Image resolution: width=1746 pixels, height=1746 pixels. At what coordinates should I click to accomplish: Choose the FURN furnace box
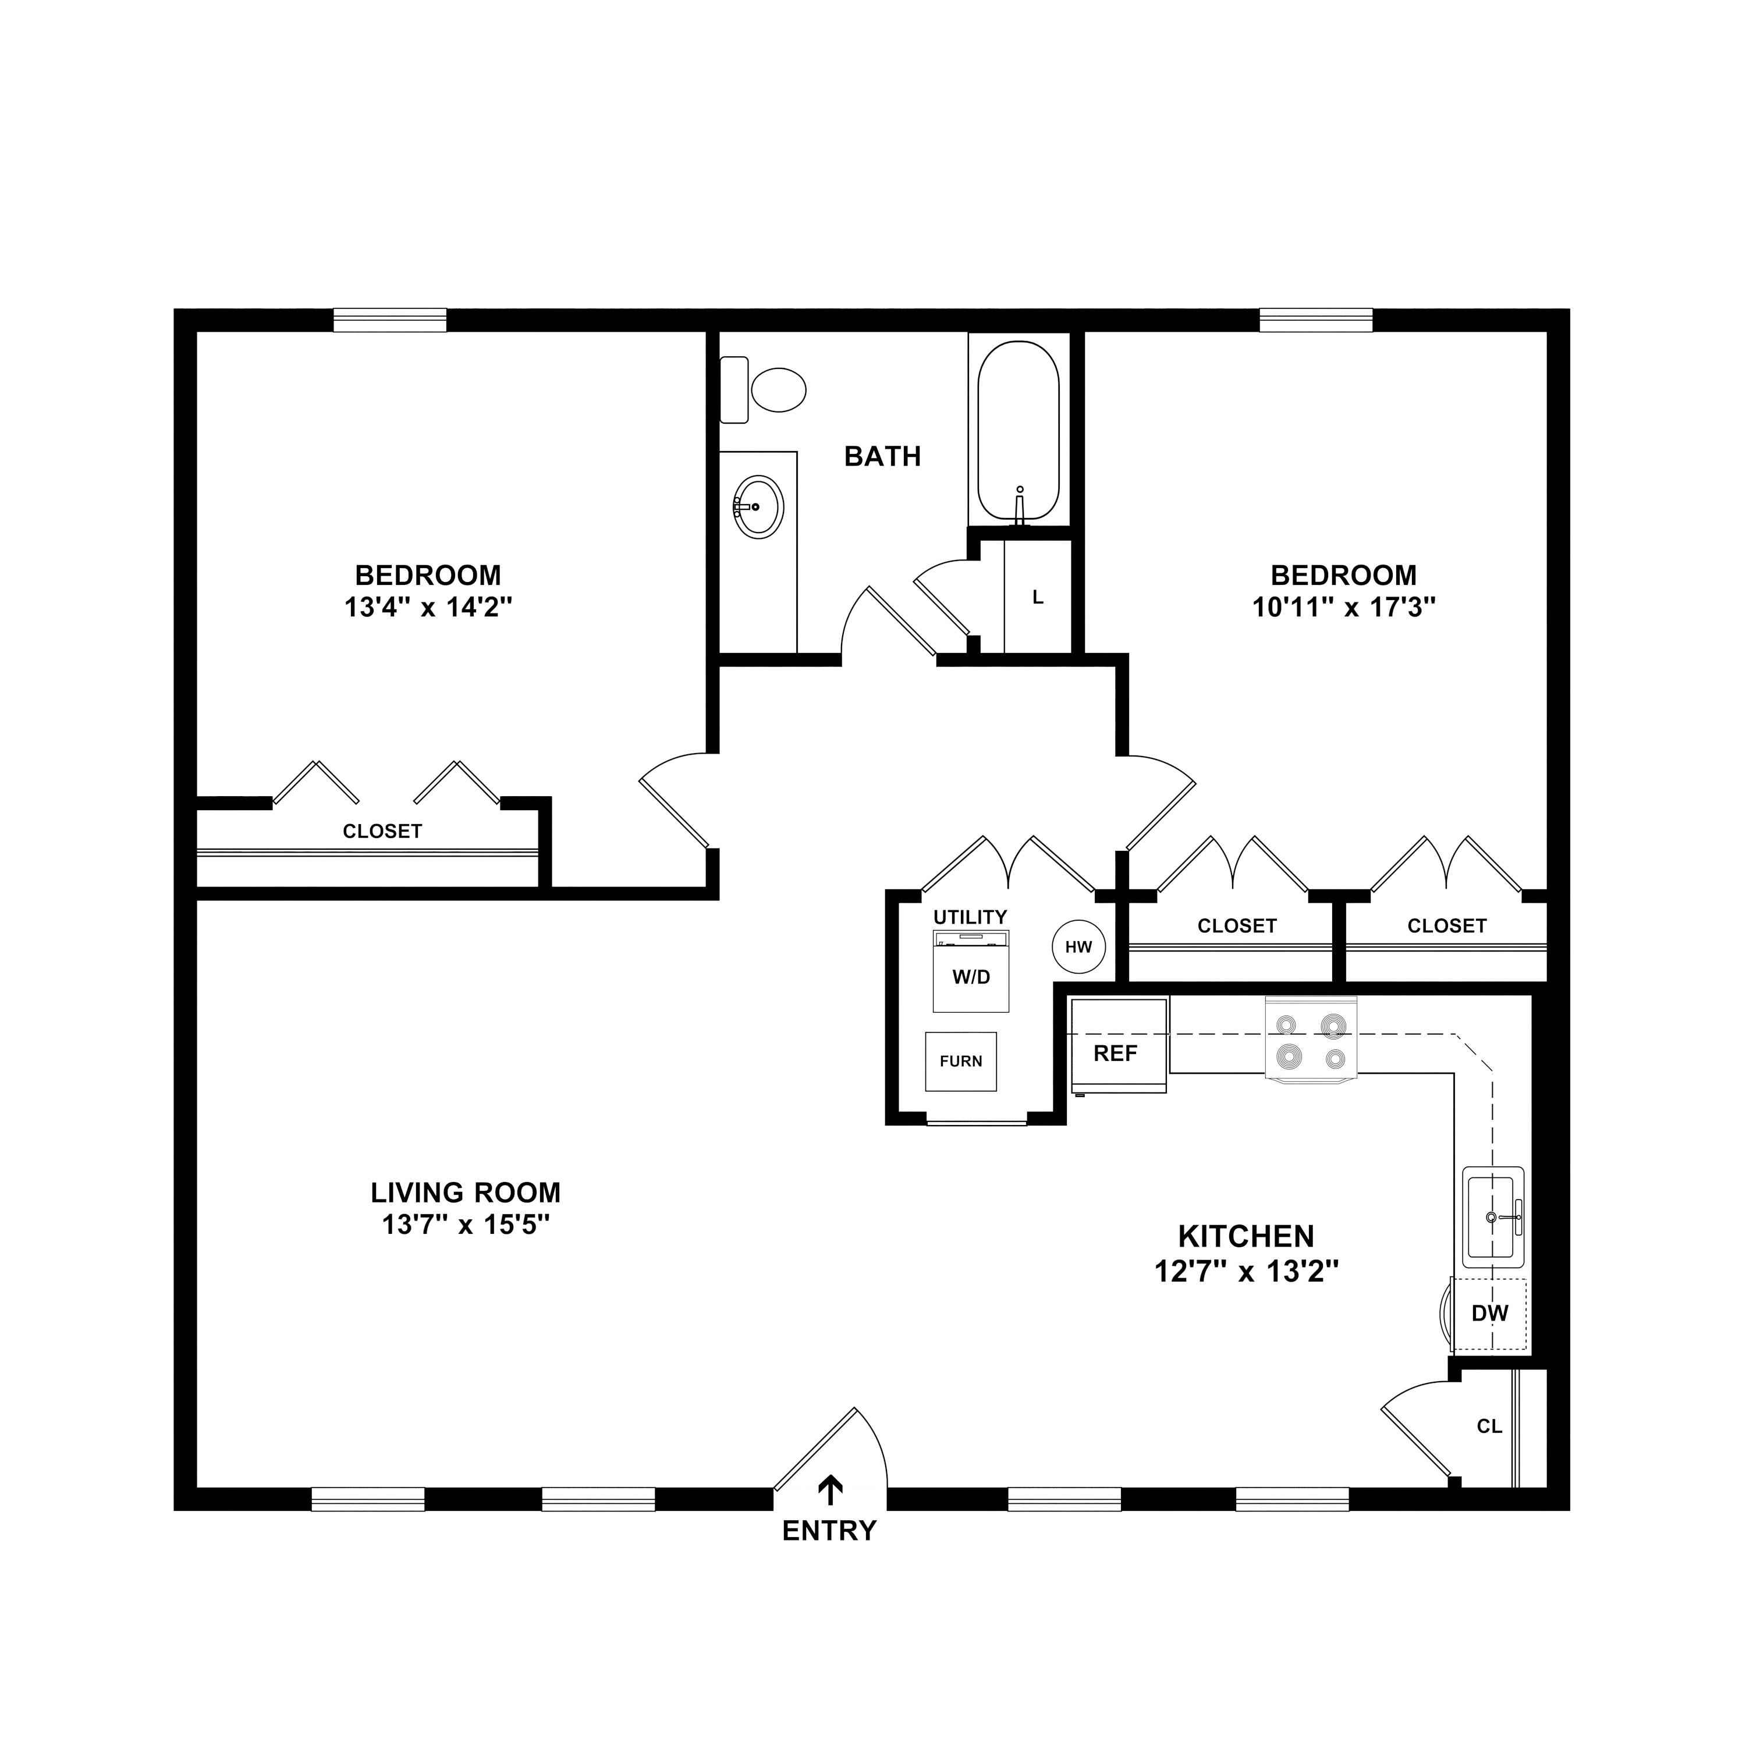tap(961, 1061)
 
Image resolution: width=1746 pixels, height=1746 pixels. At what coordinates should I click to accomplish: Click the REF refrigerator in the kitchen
tap(1117, 1053)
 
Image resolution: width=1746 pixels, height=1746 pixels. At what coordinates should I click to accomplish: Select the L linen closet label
tap(1038, 597)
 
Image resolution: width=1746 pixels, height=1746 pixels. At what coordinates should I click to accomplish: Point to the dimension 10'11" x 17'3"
tap(1344, 607)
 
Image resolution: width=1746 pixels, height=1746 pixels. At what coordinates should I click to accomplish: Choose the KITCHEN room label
tap(1246, 1236)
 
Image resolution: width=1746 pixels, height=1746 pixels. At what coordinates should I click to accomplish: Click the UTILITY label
tap(970, 917)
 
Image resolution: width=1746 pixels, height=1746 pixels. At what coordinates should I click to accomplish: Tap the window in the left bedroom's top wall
tap(391, 320)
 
